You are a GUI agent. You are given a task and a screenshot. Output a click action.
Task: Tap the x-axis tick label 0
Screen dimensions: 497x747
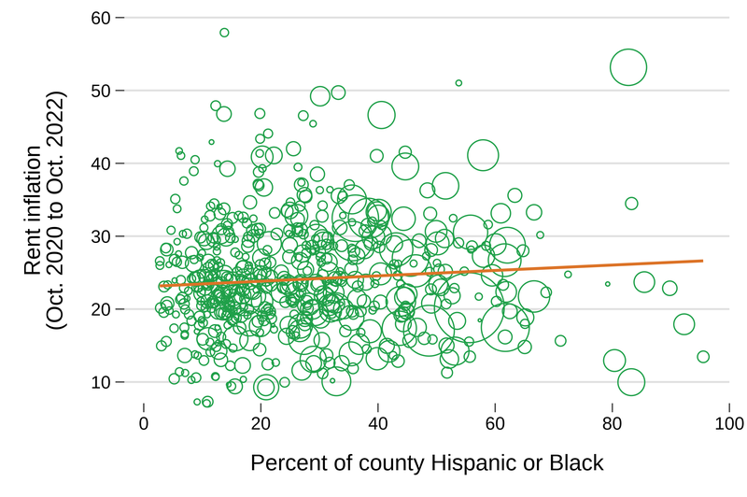click(x=144, y=421)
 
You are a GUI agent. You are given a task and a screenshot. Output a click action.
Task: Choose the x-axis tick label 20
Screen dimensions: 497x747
click(x=261, y=421)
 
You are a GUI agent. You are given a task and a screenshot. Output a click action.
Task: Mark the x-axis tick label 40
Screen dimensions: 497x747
click(x=377, y=421)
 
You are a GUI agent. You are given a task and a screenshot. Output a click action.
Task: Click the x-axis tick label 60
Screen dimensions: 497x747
click(x=495, y=421)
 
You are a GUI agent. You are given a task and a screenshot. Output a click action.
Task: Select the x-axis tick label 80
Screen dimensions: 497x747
click(x=612, y=421)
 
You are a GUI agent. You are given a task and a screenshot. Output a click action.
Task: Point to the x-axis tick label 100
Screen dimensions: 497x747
click(x=728, y=421)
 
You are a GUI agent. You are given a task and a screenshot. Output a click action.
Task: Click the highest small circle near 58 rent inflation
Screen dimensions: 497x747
click(x=224, y=33)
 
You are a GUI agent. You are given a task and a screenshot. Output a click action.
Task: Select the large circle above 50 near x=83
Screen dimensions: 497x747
click(x=628, y=67)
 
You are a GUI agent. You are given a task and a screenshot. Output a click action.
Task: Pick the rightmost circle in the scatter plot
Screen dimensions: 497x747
click(x=703, y=357)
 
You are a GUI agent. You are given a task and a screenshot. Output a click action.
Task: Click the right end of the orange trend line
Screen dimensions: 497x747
click(x=702, y=261)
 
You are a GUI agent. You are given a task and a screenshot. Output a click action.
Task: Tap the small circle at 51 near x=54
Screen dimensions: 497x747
click(x=458, y=83)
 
